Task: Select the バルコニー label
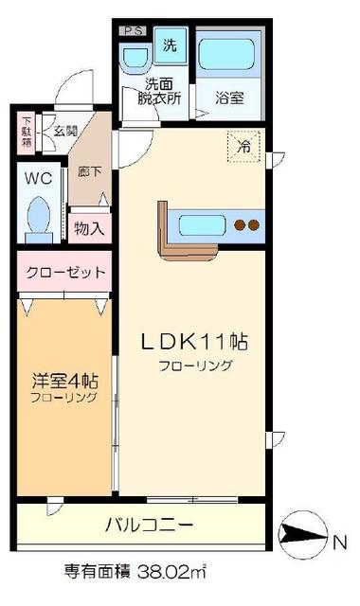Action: [149, 524]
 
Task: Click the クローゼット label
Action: [63, 273]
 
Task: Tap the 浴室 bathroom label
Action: [229, 96]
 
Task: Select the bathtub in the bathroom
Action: [229, 56]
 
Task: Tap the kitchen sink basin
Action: [201, 224]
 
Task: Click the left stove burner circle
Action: [240, 225]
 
